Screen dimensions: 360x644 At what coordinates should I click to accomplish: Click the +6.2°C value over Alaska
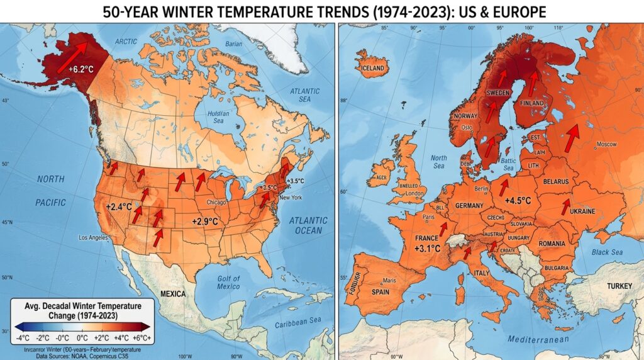tap(81, 69)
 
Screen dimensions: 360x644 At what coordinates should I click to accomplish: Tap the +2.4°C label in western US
tap(119, 206)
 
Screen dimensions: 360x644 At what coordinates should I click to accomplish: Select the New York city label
tap(291, 198)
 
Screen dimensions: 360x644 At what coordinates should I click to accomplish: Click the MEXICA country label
tap(172, 295)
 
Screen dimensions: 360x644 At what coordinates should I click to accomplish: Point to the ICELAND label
tap(372, 68)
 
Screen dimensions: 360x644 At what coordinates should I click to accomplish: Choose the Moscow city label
tap(606, 144)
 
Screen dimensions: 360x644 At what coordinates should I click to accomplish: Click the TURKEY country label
tap(619, 286)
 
